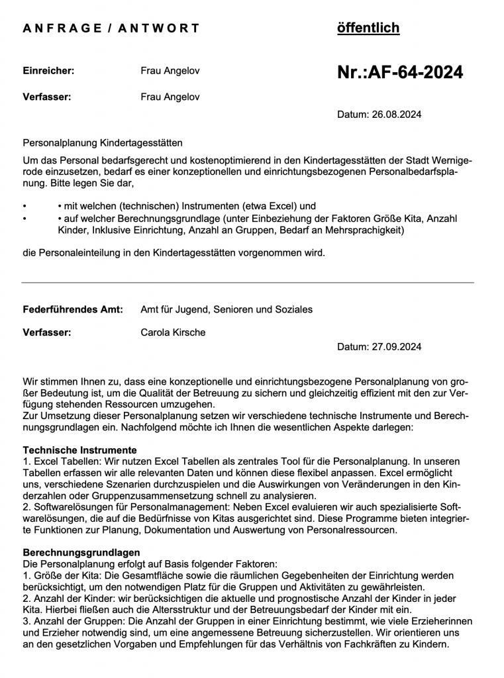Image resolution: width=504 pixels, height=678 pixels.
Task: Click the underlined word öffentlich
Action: pyautogui.click(x=368, y=28)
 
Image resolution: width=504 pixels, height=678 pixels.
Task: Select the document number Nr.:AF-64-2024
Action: pyautogui.click(x=400, y=73)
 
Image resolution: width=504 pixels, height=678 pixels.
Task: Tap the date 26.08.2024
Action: pyautogui.click(x=395, y=115)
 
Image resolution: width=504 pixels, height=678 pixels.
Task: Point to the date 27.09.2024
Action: pyautogui.click(x=395, y=346)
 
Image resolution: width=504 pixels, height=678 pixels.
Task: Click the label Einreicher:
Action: pyautogui.click(x=48, y=70)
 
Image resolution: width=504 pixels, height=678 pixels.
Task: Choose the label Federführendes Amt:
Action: pyautogui.click(x=73, y=309)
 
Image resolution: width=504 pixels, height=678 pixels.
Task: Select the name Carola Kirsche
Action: pyautogui.click(x=173, y=332)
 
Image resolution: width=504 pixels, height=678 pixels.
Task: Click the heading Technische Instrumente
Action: pyautogui.click(x=79, y=450)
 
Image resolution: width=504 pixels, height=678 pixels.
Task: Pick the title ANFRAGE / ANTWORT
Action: pyautogui.click(x=111, y=28)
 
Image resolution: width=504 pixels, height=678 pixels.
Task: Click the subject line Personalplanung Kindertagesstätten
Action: pyautogui.click(x=103, y=142)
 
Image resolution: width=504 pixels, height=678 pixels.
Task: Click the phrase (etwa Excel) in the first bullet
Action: pyautogui.click(x=268, y=206)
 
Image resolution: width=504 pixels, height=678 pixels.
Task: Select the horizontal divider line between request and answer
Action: pyautogui.click(x=248, y=283)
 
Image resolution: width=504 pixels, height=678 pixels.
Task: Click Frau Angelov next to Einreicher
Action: pyautogui.click(x=170, y=70)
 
